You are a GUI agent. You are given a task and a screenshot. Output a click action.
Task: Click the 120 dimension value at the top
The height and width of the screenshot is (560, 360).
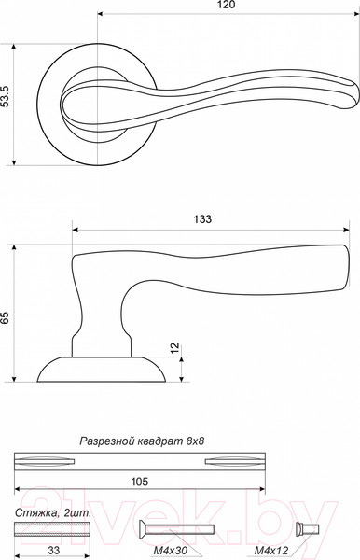pyautogui.click(x=228, y=5)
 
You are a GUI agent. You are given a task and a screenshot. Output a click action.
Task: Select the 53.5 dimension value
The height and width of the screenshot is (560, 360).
pyautogui.click(x=5, y=96)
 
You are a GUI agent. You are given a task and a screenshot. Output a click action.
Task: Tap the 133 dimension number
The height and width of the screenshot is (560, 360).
pyautogui.click(x=202, y=219)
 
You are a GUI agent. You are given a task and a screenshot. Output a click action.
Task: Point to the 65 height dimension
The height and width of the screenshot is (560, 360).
pyautogui.click(x=5, y=317)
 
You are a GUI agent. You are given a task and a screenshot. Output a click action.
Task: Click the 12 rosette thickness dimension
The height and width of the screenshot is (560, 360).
pyautogui.click(x=175, y=347)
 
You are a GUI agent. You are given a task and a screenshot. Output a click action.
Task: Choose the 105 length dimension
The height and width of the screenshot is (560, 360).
pyautogui.click(x=140, y=482)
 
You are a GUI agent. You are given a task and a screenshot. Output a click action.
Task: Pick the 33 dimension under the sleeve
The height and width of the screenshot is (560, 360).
pyautogui.click(x=53, y=550)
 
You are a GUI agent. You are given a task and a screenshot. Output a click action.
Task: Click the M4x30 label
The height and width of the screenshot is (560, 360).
pyautogui.click(x=171, y=551)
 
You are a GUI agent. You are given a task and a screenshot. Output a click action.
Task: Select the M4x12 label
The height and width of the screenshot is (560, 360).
pyautogui.click(x=271, y=551)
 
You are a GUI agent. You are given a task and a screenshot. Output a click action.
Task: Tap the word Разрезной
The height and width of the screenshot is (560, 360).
pyautogui.click(x=106, y=441)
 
